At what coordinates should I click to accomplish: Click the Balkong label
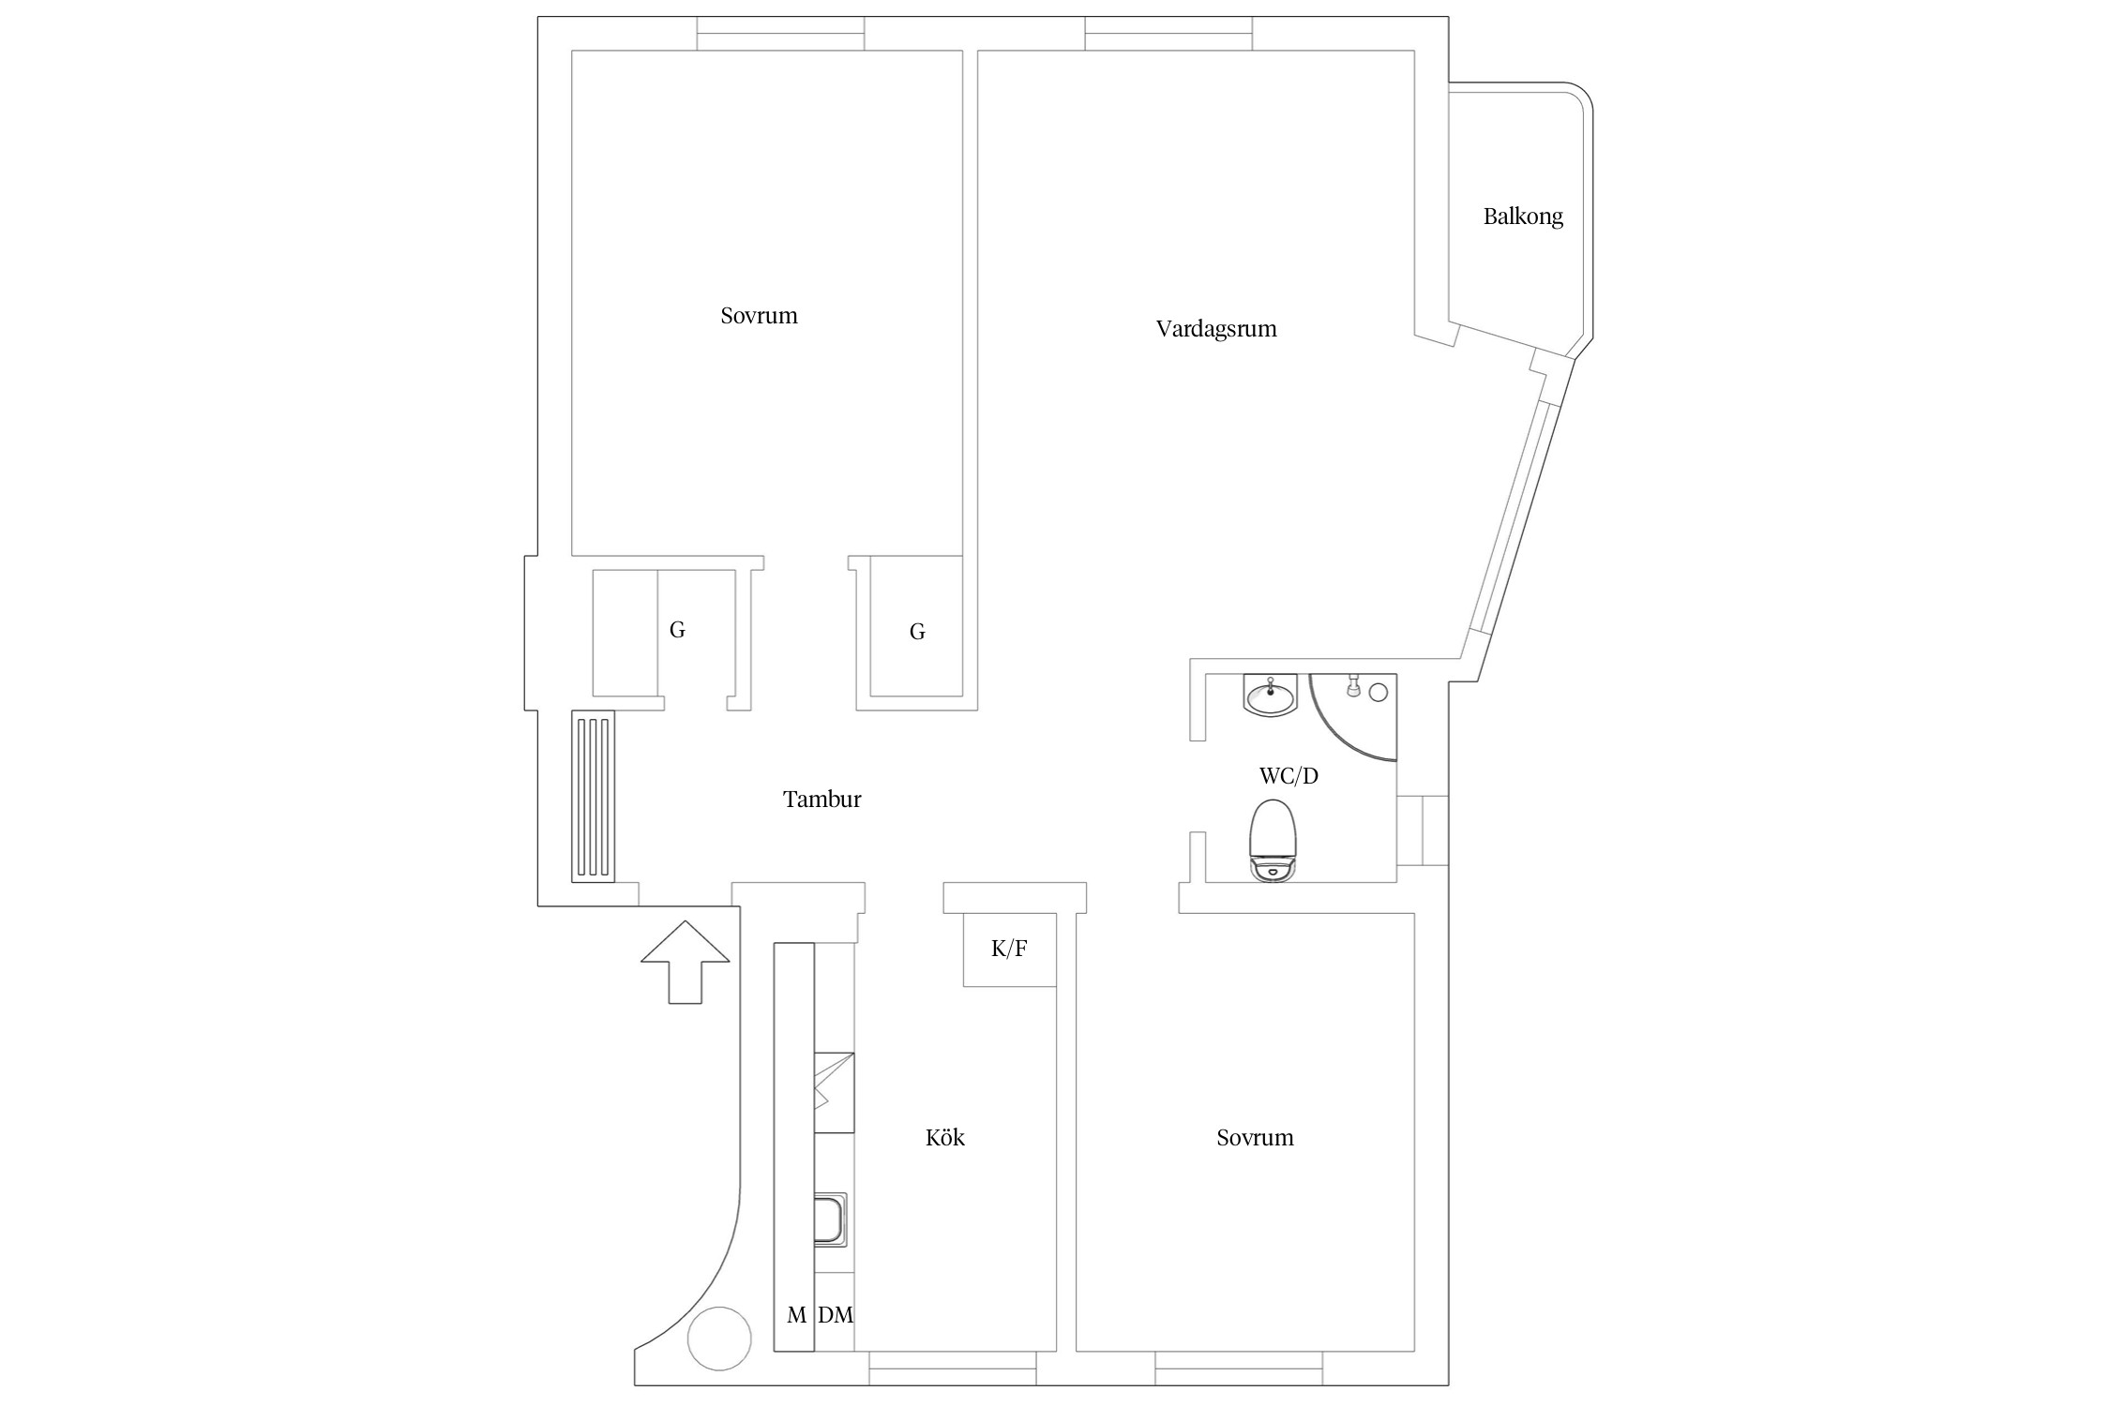pyautogui.click(x=1523, y=217)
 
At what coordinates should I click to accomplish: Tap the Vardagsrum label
pyautogui.click(x=1216, y=329)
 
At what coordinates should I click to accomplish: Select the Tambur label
pyautogui.click(x=821, y=800)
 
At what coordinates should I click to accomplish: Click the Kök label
pyautogui.click(x=944, y=1137)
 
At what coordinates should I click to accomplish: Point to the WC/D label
pyautogui.click(x=1289, y=776)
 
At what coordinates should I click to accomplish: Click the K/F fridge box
pyautogui.click(x=1010, y=949)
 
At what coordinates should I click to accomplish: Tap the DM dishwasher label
pyautogui.click(x=836, y=1315)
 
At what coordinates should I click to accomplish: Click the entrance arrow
pyautogui.click(x=686, y=962)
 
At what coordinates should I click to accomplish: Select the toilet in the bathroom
pyautogui.click(x=1274, y=840)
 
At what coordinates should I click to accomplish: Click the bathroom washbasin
pyautogui.click(x=1271, y=696)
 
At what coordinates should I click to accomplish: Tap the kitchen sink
pyautogui.click(x=831, y=1219)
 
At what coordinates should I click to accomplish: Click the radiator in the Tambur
pyautogui.click(x=593, y=797)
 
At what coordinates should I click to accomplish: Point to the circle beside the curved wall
pyautogui.click(x=719, y=1339)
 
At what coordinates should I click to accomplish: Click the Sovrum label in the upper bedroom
pyautogui.click(x=759, y=316)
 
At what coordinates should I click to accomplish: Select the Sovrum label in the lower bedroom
pyautogui.click(x=1255, y=1138)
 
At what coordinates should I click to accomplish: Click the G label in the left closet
pyautogui.click(x=677, y=630)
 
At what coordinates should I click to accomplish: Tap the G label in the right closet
pyautogui.click(x=917, y=632)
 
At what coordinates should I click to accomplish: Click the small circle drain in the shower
pyautogui.click(x=1379, y=693)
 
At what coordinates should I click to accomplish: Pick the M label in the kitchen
pyautogui.click(x=796, y=1315)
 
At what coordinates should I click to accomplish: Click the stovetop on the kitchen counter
pyautogui.click(x=834, y=1093)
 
